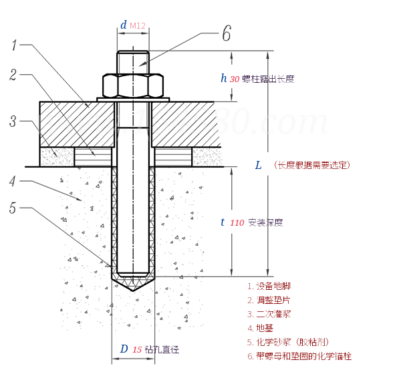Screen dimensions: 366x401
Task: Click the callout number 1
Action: click(14, 45)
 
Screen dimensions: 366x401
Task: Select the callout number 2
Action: click(13, 75)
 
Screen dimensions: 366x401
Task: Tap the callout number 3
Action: click(13, 121)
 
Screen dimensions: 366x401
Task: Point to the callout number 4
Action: click(13, 180)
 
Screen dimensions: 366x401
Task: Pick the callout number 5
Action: click(13, 208)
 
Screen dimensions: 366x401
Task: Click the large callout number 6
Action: click(227, 33)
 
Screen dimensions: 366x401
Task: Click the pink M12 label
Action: click(138, 26)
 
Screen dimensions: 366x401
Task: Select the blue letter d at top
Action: click(123, 25)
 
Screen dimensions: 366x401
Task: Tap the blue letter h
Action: click(224, 78)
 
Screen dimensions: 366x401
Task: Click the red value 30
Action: click(235, 79)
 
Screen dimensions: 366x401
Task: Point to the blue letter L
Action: click(258, 164)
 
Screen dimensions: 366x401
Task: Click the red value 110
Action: click(237, 222)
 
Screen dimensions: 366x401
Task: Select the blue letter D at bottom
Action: click(124, 349)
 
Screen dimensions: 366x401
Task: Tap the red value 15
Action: click(137, 349)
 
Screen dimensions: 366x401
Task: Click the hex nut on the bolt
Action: click(133, 85)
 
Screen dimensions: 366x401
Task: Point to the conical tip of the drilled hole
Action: click(133, 285)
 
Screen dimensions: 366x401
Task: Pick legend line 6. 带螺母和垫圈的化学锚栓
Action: click(299, 356)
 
